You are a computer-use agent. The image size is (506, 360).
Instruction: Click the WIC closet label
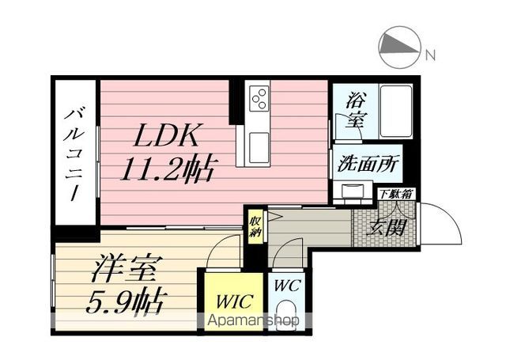(234, 301)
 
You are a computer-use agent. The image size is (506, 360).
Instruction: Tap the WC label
(287, 286)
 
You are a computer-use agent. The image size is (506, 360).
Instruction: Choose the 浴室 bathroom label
(356, 110)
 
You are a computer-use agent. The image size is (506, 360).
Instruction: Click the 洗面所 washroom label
(368, 163)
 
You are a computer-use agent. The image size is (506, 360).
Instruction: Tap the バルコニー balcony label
(74, 154)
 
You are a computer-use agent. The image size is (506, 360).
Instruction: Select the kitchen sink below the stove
(259, 147)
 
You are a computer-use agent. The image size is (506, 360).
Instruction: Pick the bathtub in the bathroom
(396, 112)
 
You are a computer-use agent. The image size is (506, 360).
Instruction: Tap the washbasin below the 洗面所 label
(353, 191)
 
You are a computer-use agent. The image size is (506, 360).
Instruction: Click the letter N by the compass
(430, 55)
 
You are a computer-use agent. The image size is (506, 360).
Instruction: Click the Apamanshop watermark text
(253, 320)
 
